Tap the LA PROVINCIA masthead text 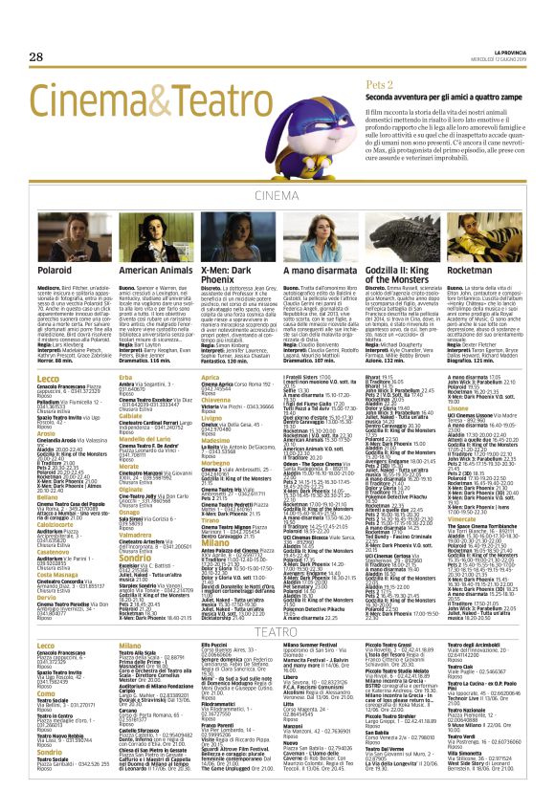[x=501, y=49]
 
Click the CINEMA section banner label [x=277, y=196]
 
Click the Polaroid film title [x=55, y=272]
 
